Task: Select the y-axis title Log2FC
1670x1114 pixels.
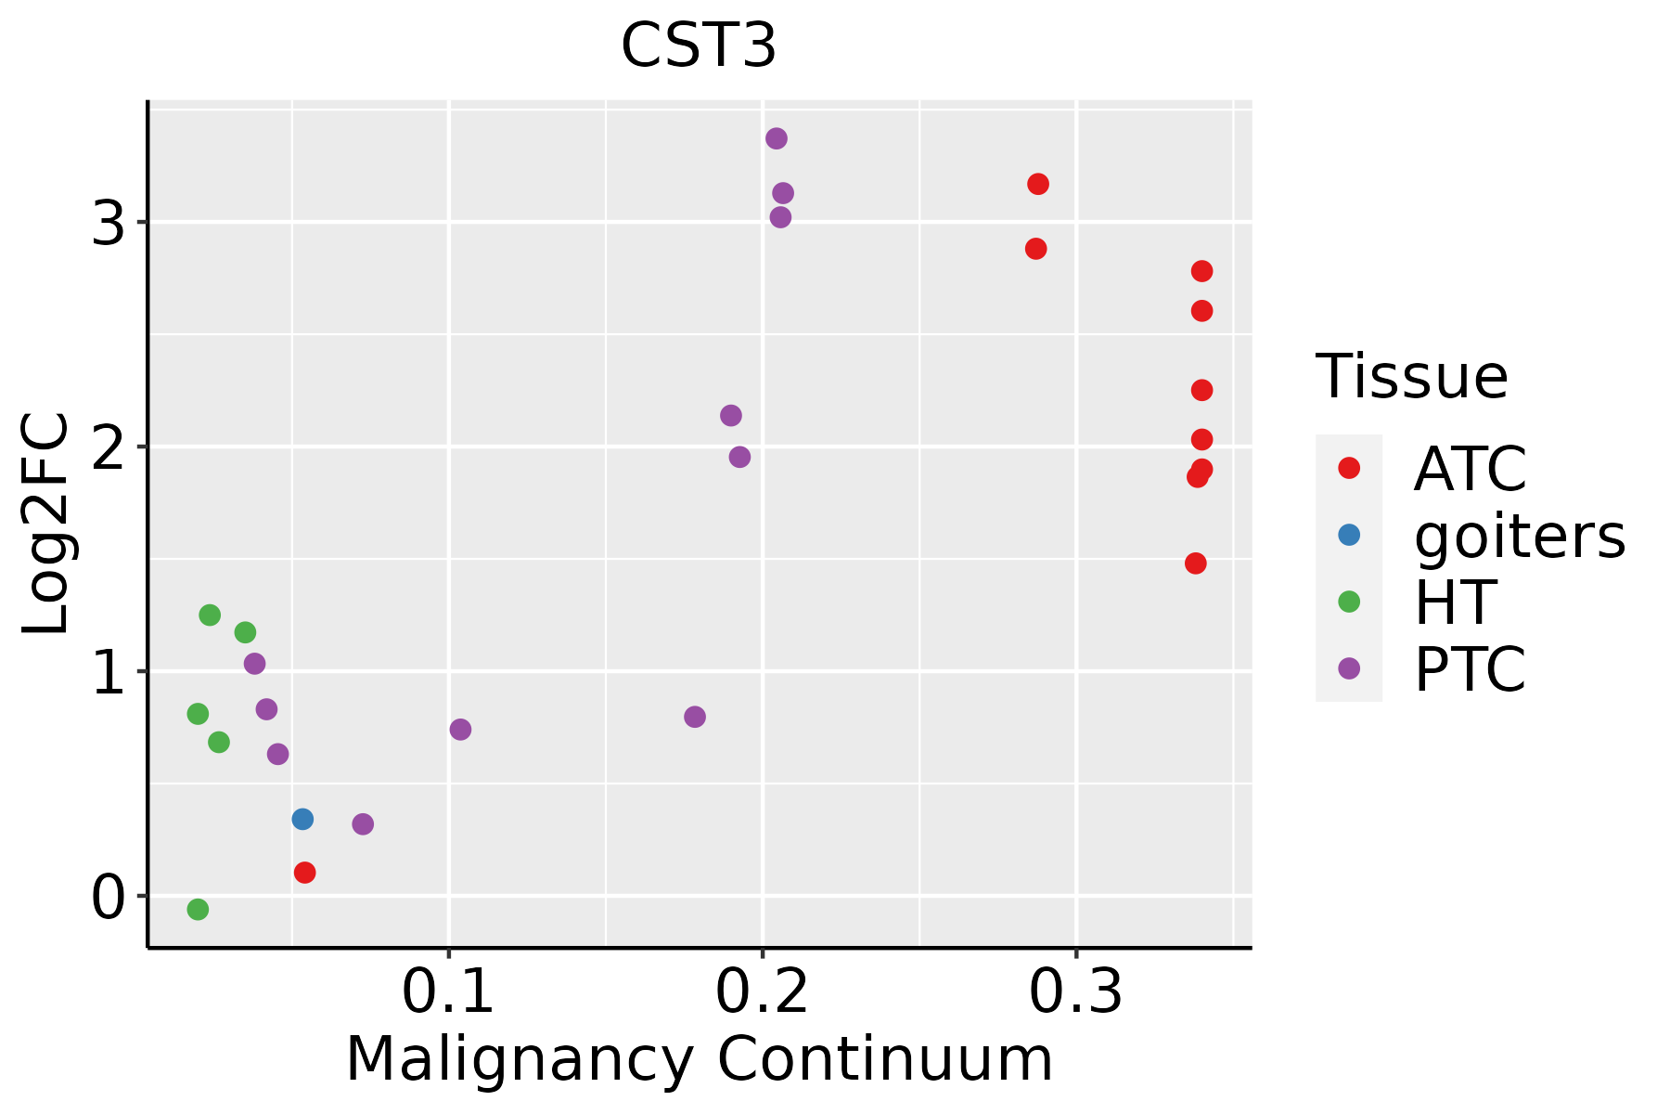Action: click(46, 524)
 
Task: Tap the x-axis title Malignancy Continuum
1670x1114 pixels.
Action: click(699, 1059)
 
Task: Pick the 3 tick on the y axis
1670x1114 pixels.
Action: click(108, 223)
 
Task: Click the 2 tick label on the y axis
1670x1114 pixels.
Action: click(108, 447)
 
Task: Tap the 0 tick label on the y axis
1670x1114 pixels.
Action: click(108, 897)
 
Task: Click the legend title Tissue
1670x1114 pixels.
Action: click(1411, 377)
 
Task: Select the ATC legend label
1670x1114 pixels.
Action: click(1470, 469)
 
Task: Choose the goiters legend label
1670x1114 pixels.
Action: click(1519, 536)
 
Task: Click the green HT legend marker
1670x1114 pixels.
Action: click(1349, 602)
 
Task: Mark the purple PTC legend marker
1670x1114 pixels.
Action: click(1349, 668)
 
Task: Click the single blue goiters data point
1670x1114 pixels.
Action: click(302, 819)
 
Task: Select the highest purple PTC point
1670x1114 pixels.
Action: click(777, 138)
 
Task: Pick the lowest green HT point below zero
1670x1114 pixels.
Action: click(198, 909)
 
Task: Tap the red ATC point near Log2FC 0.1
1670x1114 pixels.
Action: click(304, 873)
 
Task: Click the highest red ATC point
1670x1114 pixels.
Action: click(1038, 184)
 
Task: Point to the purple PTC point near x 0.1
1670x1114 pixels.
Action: click(460, 730)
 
